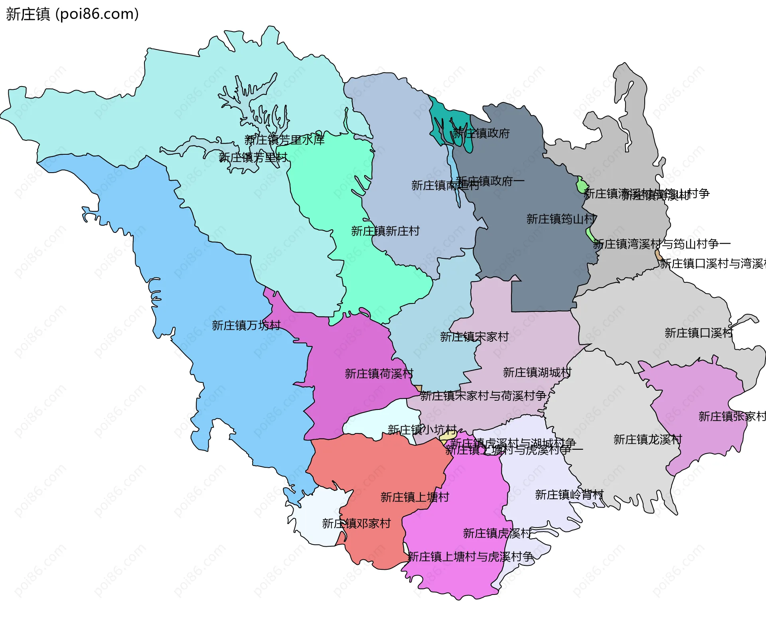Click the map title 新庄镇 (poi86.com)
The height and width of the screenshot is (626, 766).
click(x=72, y=14)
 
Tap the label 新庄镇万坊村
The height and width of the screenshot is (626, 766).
click(x=246, y=326)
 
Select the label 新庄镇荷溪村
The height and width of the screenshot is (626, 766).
click(x=379, y=374)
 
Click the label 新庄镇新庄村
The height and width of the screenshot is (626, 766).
click(x=385, y=231)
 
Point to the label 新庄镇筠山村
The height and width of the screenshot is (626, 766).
click(x=561, y=219)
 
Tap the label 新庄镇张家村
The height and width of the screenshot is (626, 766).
click(x=732, y=417)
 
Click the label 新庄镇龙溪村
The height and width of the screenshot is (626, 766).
click(x=648, y=440)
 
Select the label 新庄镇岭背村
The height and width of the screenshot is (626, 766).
click(x=569, y=495)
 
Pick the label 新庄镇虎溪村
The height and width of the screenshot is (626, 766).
click(x=497, y=533)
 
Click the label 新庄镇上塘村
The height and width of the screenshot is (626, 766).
click(x=415, y=497)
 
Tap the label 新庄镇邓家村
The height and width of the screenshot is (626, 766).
click(x=356, y=524)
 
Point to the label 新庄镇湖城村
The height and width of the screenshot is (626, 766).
click(x=537, y=372)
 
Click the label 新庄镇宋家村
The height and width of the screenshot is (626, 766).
click(x=474, y=337)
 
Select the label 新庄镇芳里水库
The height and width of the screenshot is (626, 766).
click(x=284, y=140)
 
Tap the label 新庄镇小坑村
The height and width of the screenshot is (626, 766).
click(x=422, y=430)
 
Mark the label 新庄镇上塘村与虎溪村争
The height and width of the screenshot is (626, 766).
click(x=470, y=557)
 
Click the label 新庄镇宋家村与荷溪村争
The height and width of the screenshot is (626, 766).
click(x=483, y=396)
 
